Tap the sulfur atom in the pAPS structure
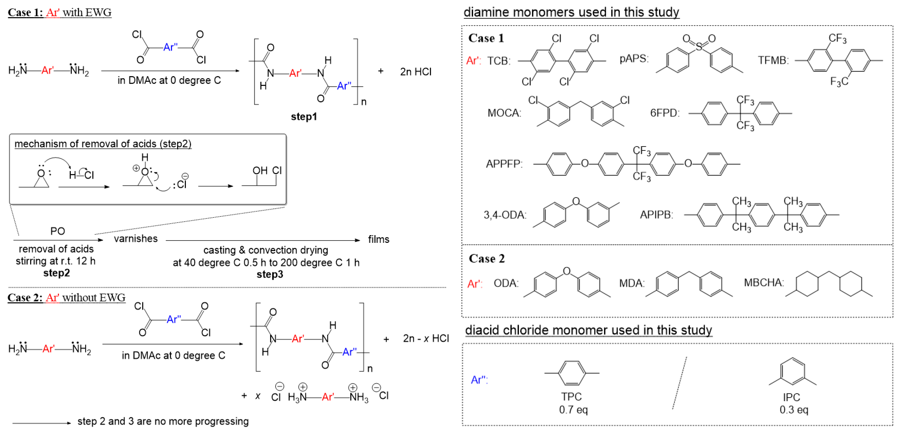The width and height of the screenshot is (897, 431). (x=699, y=46)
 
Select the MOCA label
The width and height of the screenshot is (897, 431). (x=504, y=113)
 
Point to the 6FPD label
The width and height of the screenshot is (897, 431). (x=664, y=113)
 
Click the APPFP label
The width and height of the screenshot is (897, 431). (x=504, y=164)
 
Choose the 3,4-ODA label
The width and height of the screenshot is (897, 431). (x=505, y=215)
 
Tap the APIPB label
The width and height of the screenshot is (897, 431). (x=656, y=215)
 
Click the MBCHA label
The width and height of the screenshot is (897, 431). (x=764, y=282)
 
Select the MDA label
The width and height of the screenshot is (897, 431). (x=631, y=283)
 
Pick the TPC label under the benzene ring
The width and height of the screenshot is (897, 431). (x=571, y=397)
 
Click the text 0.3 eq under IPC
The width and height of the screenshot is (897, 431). (x=794, y=410)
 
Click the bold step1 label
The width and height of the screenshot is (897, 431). (x=304, y=117)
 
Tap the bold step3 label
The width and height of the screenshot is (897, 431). (x=269, y=275)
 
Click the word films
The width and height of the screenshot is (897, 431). (x=378, y=239)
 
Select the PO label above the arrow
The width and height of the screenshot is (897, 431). (x=57, y=231)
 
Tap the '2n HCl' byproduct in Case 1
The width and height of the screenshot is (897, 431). (x=415, y=72)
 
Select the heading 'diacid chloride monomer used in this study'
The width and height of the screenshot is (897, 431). (x=588, y=330)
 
